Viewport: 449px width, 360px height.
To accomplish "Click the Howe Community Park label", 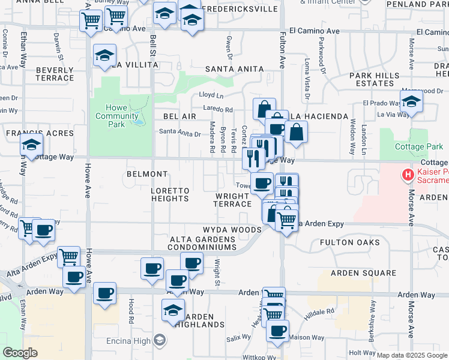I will pos(109,116).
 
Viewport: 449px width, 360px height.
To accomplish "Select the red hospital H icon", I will pos(408,175).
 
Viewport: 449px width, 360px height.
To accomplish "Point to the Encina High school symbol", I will pos(160,340).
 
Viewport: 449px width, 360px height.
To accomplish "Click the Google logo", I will pos(20,353).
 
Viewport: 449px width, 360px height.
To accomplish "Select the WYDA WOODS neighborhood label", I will pos(232,230).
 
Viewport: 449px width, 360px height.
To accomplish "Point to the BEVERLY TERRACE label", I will pos(55,74).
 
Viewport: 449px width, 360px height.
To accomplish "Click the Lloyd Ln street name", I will pos(211,95).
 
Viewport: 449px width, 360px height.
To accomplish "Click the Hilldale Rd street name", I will pos(322,312).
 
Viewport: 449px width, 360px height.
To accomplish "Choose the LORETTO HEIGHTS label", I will pos(170,194).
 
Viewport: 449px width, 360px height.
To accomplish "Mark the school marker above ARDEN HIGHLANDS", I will pos(173,310).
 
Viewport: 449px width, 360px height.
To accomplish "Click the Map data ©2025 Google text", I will pos(411,355).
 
